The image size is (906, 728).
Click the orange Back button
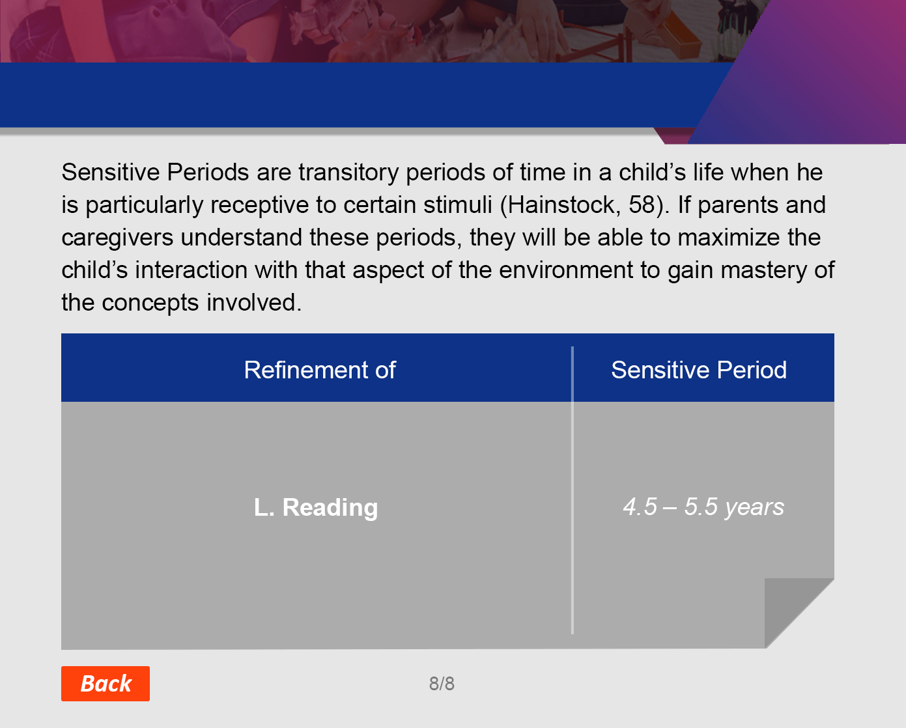(x=106, y=683)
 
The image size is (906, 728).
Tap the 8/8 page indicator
(x=442, y=684)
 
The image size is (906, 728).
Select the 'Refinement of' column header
(x=320, y=370)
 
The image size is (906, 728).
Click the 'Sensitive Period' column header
(x=699, y=370)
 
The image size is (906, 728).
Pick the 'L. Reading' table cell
(x=316, y=507)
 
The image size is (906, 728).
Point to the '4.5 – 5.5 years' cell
(x=703, y=507)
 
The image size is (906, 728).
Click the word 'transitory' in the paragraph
(x=348, y=173)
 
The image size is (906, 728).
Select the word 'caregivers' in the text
(x=117, y=238)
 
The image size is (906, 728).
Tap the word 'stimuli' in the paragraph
(x=458, y=205)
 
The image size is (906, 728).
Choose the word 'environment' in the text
(x=566, y=270)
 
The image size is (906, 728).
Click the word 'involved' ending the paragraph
(x=254, y=302)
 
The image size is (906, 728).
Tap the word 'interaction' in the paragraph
(x=191, y=270)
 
